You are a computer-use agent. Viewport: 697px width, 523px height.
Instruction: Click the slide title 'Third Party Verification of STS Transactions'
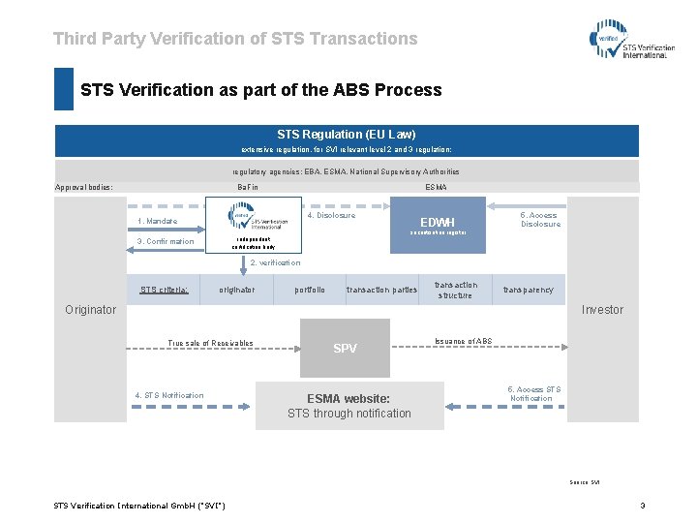[x=235, y=39]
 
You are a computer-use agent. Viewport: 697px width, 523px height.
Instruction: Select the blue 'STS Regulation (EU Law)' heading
[x=346, y=135]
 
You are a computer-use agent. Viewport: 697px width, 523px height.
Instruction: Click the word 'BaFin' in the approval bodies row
[x=248, y=187]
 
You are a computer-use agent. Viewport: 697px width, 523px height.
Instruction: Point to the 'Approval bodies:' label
[x=84, y=187]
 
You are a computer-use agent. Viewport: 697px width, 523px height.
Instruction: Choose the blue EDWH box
[x=438, y=225]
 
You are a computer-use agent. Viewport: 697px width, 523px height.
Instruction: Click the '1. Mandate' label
[x=157, y=222]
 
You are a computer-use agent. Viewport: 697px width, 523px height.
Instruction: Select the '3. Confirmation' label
[x=166, y=241]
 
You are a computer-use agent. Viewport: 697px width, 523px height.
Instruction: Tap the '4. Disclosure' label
[x=331, y=216]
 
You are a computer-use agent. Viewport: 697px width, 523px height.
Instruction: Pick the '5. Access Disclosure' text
[x=540, y=220]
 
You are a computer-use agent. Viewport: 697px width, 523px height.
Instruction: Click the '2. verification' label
[x=275, y=262]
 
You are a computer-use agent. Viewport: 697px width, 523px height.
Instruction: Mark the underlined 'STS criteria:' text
[x=164, y=290]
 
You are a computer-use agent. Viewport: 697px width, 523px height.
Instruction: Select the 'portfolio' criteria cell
[x=310, y=290]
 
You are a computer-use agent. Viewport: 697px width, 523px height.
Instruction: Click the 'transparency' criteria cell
[x=528, y=290]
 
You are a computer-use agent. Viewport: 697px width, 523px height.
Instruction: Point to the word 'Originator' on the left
[x=90, y=310]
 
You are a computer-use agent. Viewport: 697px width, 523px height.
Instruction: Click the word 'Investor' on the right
[x=602, y=310]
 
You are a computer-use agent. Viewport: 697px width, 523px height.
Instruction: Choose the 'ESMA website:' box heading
[x=348, y=398]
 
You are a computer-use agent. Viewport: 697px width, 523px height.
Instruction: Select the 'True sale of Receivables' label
[x=210, y=343]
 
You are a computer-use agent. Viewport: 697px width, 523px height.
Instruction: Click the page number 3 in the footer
[x=642, y=505]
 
